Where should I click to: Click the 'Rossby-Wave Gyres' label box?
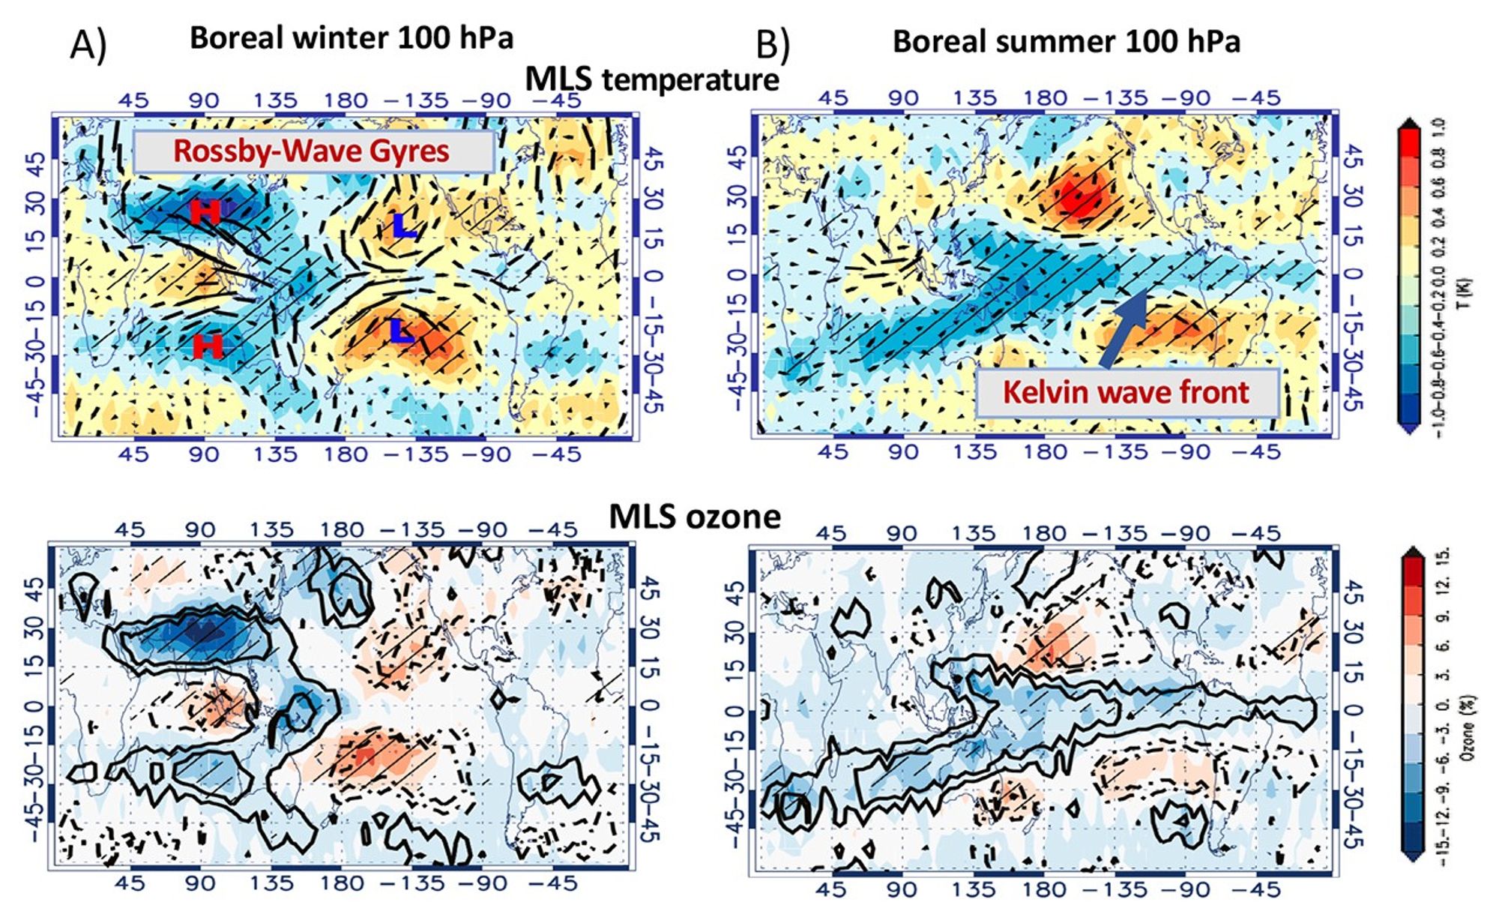click(x=313, y=151)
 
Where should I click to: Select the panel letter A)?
click(x=88, y=45)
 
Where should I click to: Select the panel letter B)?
click(x=773, y=45)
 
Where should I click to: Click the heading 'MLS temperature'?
click(x=651, y=79)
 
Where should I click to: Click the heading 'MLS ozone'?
click(x=694, y=517)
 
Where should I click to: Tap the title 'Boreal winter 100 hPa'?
click(x=352, y=37)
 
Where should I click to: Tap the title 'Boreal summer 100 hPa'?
click(x=1066, y=41)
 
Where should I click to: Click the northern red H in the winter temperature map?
click(x=205, y=212)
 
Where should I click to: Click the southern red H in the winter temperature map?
click(x=207, y=346)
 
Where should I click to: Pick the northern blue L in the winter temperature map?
click(x=403, y=226)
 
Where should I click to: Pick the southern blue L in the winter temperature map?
click(x=402, y=331)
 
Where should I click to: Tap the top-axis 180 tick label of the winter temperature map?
click(x=346, y=100)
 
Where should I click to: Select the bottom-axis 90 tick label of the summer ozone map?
click(x=902, y=890)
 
